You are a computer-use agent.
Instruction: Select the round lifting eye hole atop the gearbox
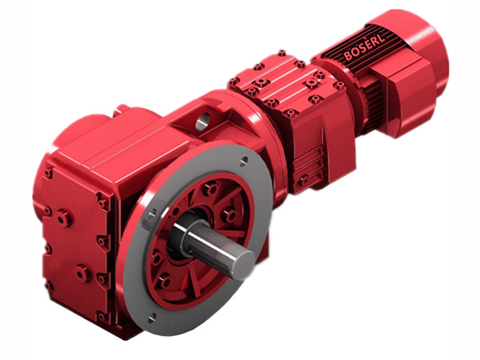click(x=203, y=122)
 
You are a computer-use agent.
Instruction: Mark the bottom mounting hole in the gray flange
click(x=151, y=316)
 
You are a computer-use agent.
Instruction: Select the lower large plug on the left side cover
click(x=83, y=273)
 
